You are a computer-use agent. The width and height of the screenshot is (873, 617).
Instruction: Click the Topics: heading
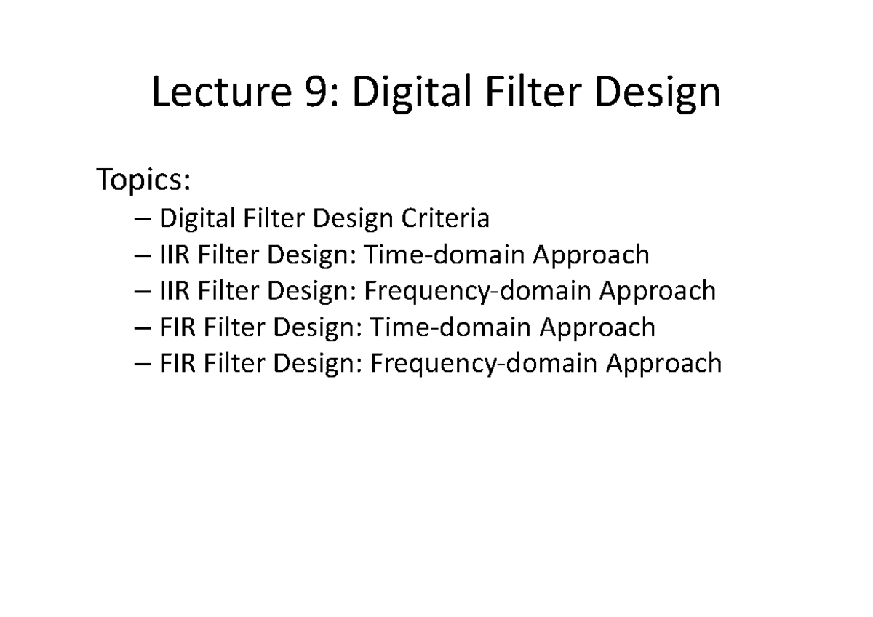(x=144, y=180)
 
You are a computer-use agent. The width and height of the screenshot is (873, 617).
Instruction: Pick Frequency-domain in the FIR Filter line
(x=484, y=364)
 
